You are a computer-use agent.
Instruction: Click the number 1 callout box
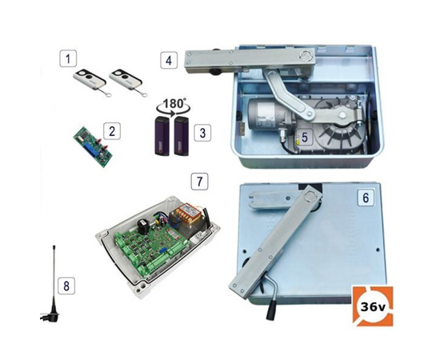(70, 58)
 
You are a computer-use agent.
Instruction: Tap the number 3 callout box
(205, 130)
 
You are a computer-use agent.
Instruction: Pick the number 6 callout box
(365, 196)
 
